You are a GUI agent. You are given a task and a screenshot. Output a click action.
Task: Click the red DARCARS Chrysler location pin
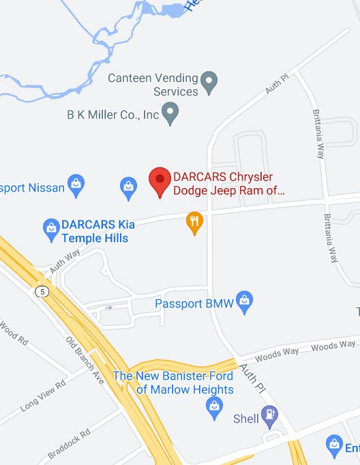[x=160, y=181]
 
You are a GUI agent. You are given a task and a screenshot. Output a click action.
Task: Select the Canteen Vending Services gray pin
[x=211, y=83]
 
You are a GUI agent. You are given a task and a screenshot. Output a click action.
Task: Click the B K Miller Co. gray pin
[x=171, y=113]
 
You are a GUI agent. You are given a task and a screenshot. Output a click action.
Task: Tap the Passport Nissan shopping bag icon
[x=77, y=185]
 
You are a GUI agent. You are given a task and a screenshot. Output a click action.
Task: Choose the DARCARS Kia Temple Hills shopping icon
[x=51, y=229]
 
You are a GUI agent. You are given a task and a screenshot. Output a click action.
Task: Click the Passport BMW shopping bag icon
[x=245, y=301]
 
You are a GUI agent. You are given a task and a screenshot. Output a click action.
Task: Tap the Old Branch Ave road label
[x=85, y=361]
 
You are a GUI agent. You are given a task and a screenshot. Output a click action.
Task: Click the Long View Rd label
[x=42, y=395]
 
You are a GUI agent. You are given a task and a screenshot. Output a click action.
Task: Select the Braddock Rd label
[x=69, y=444]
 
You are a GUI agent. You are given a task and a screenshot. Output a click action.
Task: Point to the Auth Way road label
[x=65, y=262]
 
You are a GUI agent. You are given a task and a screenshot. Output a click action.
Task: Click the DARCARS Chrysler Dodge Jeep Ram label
[x=228, y=184]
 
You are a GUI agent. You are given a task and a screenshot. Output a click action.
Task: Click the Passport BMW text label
[x=194, y=303]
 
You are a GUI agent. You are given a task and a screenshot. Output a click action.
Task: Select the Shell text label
[x=246, y=418]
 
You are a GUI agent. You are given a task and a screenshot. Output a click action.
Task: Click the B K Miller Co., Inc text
[x=113, y=115]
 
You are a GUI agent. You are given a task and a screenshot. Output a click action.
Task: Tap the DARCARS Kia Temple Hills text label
[x=95, y=231]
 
